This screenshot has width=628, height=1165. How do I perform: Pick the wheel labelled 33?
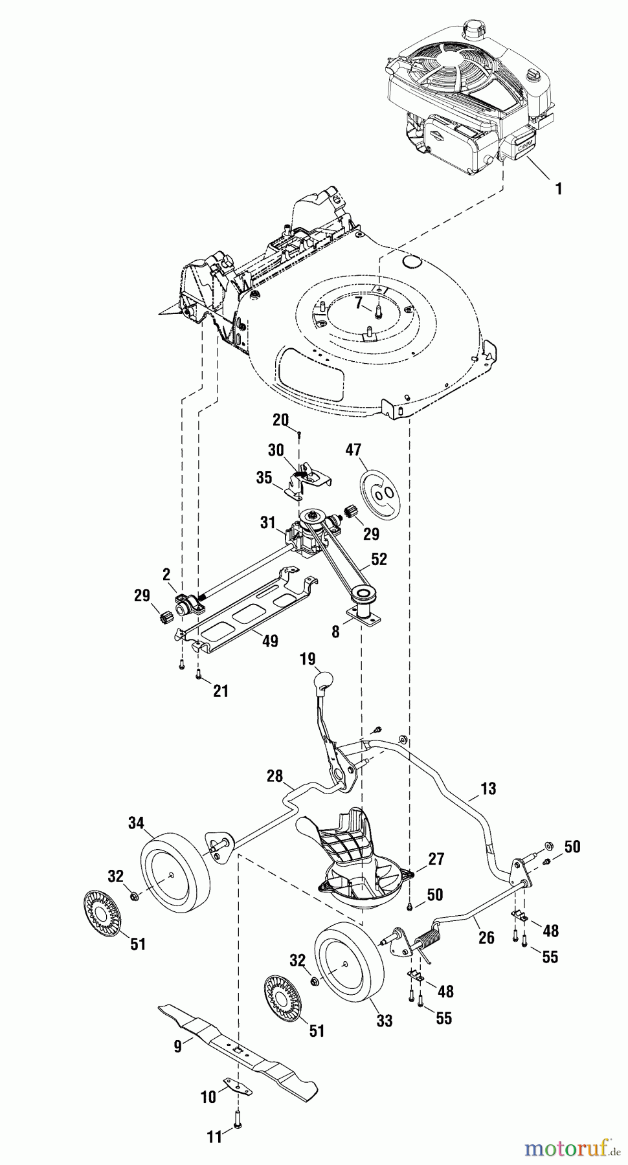pyautogui.click(x=350, y=964)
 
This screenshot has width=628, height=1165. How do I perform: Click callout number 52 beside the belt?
pyautogui.click(x=379, y=559)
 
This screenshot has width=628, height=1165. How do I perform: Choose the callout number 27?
pyautogui.click(x=436, y=859)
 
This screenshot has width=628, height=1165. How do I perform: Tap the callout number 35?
pyautogui.click(x=264, y=478)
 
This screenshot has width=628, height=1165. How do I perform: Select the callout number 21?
pyautogui.click(x=221, y=691)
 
